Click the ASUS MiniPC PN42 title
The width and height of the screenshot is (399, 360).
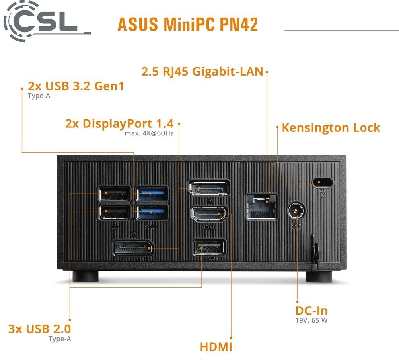(x=187, y=24)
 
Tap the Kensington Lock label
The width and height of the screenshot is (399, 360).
(x=331, y=128)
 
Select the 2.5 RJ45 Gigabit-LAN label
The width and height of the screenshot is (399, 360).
(x=202, y=72)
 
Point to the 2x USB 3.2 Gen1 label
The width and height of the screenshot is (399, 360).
(x=76, y=86)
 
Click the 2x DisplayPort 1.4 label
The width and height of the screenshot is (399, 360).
(x=119, y=123)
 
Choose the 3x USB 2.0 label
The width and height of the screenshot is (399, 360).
(x=39, y=329)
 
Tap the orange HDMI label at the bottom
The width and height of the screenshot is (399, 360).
(x=216, y=346)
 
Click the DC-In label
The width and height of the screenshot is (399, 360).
(x=311, y=311)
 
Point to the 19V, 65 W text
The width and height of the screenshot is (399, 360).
(x=311, y=321)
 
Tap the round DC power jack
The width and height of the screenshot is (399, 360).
(x=296, y=210)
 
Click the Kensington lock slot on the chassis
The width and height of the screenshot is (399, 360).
(x=323, y=182)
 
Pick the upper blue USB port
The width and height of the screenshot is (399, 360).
(x=152, y=194)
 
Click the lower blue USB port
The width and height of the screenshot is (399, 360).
(x=152, y=212)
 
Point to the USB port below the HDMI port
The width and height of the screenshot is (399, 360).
(x=209, y=247)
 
